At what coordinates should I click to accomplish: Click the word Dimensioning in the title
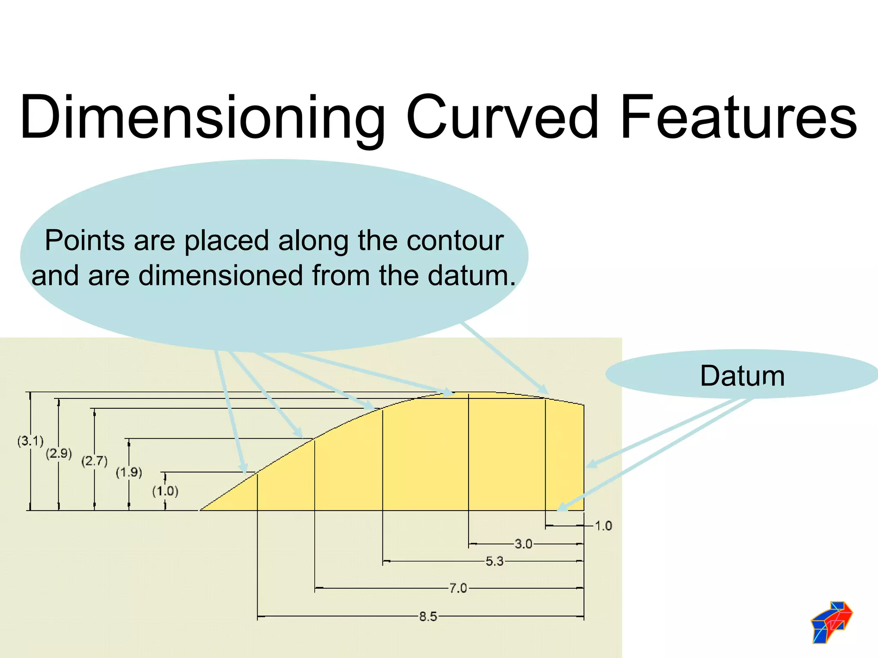pyautogui.click(x=201, y=118)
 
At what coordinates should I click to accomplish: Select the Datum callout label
pyautogui.click(x=742, y=376)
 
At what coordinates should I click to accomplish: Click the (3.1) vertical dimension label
pyautogui.click(x=30, y=441)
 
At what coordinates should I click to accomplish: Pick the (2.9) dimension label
pyautogui.click(x=59, y=453)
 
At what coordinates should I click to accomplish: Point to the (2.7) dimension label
pyautogui.click(x=94, y=461)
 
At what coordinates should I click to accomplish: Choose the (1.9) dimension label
pyautogui.click(x=129, y=472)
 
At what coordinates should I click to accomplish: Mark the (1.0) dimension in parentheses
pyautogui.click(x=165, y=491)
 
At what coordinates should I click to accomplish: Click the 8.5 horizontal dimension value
pyautogui.click(x=428, y=617)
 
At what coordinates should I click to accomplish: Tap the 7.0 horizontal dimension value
pyautogui.click(x=458, y=588)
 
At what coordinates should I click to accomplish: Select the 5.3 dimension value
pyautogui.click(x=494, y=561)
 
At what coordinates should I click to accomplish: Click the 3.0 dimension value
pyautogui.click(x=523, y=544)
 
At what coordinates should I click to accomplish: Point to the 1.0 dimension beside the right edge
pyautogui.click(x=603, y=526)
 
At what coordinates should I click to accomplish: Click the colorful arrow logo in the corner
pyautogui.click(x=831, y=622)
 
